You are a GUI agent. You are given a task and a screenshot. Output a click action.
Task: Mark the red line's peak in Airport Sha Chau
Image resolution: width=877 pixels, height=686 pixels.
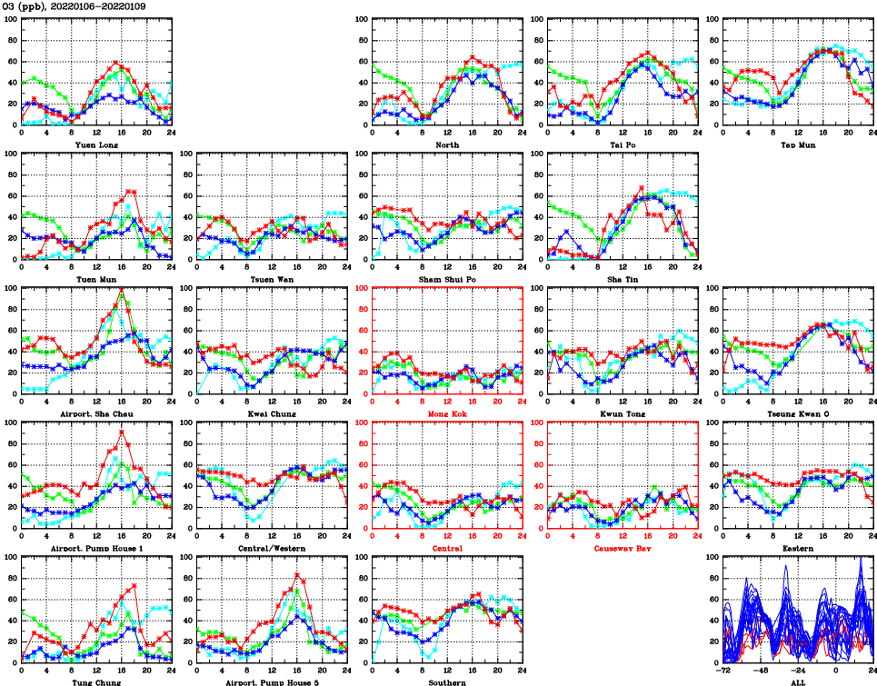(122, 290)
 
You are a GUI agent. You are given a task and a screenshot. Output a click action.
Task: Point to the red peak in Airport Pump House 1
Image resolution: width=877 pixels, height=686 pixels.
(122, 432)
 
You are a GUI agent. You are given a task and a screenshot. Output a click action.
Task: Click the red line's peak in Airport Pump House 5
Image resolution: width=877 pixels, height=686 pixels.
(297, 574)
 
